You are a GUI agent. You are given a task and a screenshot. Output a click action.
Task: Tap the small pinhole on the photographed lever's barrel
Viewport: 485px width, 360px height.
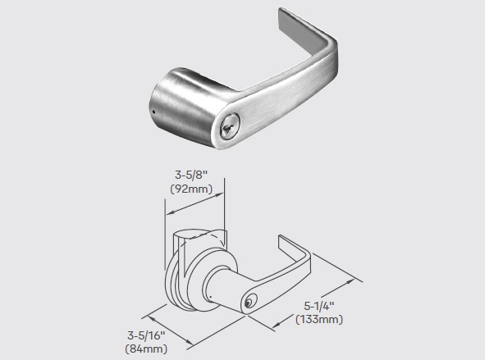click(153, 112)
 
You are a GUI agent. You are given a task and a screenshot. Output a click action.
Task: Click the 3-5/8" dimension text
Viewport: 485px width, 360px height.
click(191, 175)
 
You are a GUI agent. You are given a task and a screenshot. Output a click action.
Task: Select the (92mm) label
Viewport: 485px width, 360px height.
click(191, 189)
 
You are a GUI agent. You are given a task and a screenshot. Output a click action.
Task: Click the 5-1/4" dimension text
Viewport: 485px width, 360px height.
click(319, 306)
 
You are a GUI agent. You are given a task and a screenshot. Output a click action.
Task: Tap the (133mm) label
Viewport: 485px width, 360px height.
click(319, 319)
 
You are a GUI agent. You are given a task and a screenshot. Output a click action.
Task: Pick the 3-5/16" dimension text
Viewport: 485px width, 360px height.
click(146, 335)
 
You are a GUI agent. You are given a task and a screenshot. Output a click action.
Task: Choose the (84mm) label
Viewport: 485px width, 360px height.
click(146, 349)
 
